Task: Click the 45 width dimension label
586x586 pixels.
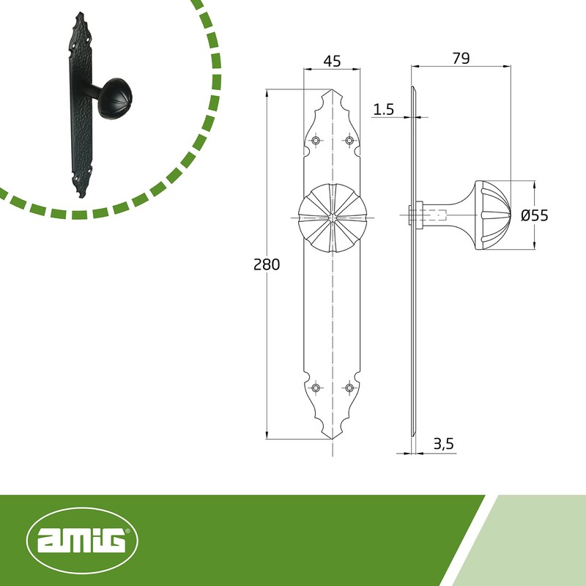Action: point(332,62)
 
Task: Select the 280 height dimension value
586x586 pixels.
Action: point(267,264)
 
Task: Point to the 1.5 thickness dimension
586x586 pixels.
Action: point(384,110)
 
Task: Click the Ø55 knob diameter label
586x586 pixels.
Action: point(534,215)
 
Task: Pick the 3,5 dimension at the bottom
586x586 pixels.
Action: point(444,444)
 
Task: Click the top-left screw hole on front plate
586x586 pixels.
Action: point(316,140)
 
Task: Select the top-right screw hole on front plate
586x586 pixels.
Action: point(349,140)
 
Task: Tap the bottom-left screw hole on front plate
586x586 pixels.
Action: point(316,387)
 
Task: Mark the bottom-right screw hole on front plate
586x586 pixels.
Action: point(349,387)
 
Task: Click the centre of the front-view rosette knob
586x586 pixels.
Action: point(333,218)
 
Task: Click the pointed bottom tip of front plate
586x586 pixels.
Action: point(333,439)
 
